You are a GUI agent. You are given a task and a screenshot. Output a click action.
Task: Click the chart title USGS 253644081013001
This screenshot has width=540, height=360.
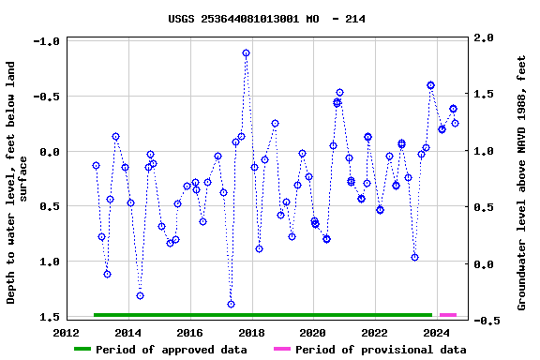click(x=267, y=19)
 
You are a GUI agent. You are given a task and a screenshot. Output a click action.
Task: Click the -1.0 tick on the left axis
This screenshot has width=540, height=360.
click(x=46, y=42)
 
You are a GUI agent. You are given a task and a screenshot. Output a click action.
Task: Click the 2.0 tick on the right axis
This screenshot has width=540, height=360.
click(x=484, y=38)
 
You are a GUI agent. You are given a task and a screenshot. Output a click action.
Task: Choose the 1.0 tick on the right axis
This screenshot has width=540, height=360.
click(x=484, y=151)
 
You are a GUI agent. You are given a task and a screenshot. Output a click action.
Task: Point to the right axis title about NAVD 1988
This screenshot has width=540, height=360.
click(x=522, y=182)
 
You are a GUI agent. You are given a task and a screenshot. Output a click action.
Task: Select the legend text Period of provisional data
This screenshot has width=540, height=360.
click(x=381, y=350)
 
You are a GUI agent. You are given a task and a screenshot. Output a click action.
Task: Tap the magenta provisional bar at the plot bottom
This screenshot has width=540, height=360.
click(x=448, y=315)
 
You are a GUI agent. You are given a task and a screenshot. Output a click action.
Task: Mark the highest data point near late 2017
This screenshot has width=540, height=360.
click(x=246, y=53)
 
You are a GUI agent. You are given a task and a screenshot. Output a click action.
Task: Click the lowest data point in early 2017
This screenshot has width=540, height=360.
click(x=231, y=304)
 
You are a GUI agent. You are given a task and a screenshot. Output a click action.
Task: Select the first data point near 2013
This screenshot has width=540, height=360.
click(x=96, y=165)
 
